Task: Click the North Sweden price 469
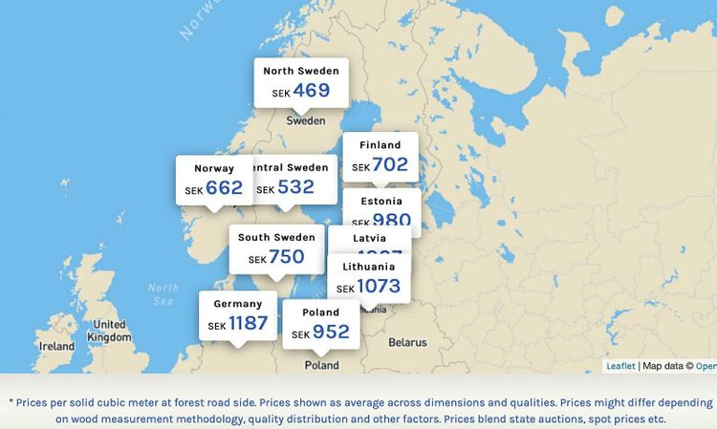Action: coord(312,91)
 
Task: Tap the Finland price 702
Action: coord(390,164)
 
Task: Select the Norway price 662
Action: coord(224,188)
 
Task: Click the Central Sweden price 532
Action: coord(295,187)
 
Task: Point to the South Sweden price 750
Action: coord(286,257)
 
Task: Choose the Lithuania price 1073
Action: coord(379,286)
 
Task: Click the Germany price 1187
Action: coord(248,323)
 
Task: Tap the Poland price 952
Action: coord(331,332)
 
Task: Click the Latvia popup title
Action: coord(370,238)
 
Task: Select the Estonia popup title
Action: coord(381,202)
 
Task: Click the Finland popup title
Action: coord(380,145)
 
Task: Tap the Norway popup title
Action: coord(214,169)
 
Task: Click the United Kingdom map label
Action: coord(108,331)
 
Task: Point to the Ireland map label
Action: coord(56,346)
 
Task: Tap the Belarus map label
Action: coord(407,342)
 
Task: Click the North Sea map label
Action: coord(163,293)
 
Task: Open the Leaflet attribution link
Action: coord(620,366)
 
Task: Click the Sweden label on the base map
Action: coord(306,121)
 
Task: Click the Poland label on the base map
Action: coord(321,365)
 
